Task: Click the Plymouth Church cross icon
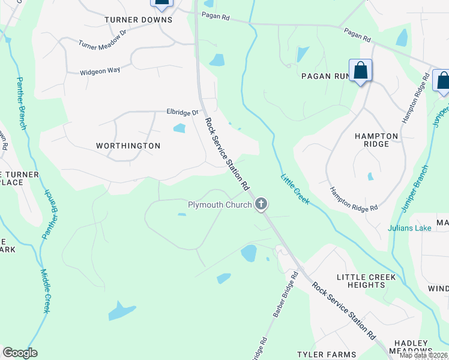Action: [x=261, y=205]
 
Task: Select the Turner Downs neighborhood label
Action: [x=138, y=20]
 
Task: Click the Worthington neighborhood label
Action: [x=128, y=146]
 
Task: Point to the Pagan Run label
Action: [x=325, y=76]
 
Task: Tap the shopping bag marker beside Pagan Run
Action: [x=360, y=71]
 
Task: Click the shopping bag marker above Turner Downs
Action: [x=161, y=2]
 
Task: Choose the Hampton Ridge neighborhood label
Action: [x=376, y=140]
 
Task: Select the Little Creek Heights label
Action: [x=366, y=281]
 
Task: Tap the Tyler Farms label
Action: [x=327, y=355]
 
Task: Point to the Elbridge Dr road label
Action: [x=182, y=112]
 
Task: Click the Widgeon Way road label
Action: [x=100, y=71]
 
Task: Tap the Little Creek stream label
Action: [x=295, y=189]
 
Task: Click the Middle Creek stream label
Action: [x=45, y=291]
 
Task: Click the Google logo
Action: [x=20, y=353]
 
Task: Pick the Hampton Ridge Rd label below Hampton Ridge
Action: [x=354, y=199]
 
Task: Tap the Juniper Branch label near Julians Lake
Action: [x=415, y=188]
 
